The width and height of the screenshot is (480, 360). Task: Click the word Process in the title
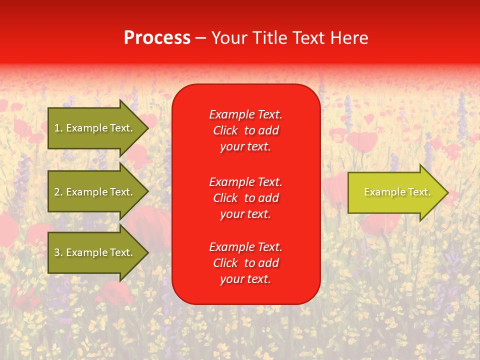157,38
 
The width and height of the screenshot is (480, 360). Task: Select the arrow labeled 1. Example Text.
95,128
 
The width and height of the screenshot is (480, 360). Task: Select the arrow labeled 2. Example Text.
95,192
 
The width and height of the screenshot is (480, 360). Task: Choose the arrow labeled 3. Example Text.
95,252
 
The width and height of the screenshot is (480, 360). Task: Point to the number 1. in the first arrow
58,128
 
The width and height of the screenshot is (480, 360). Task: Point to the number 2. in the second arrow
58,192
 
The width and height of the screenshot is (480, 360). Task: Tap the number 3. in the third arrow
58,252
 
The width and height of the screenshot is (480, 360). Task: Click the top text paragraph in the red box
246,130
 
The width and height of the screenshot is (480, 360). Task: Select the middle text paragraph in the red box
246,198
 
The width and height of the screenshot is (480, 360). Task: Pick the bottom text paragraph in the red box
246,263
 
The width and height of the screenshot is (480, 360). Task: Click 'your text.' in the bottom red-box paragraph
245,279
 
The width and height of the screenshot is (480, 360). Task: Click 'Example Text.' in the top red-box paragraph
246,114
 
